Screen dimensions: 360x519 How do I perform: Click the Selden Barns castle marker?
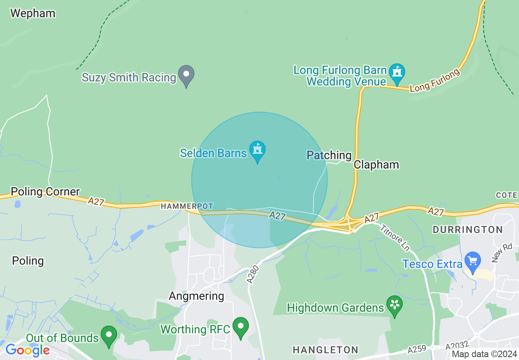click(x=257, y=150)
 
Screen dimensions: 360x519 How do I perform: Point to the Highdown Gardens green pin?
click(x=395, y=305)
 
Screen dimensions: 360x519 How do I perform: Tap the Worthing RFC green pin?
click(x=241, y=326)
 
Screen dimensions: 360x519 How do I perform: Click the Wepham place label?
click(x=33, y=13)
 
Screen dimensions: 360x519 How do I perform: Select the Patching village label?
click(x=329, y=155)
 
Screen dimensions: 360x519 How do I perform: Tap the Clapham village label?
click(x=376, y=164)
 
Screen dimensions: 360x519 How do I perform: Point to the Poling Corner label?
click(x=45, y=191)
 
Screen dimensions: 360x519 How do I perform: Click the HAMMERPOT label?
click(x=187, y=206)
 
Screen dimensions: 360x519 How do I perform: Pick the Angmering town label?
click(x=197, y=296)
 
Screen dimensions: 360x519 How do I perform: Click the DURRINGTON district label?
click(x=467, y=229)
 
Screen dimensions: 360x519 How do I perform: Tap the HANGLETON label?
click(x=325, y=350)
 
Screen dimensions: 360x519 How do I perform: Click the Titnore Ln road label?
click(x=395, y=237)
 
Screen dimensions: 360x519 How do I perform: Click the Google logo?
click(x=27, y=350)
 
